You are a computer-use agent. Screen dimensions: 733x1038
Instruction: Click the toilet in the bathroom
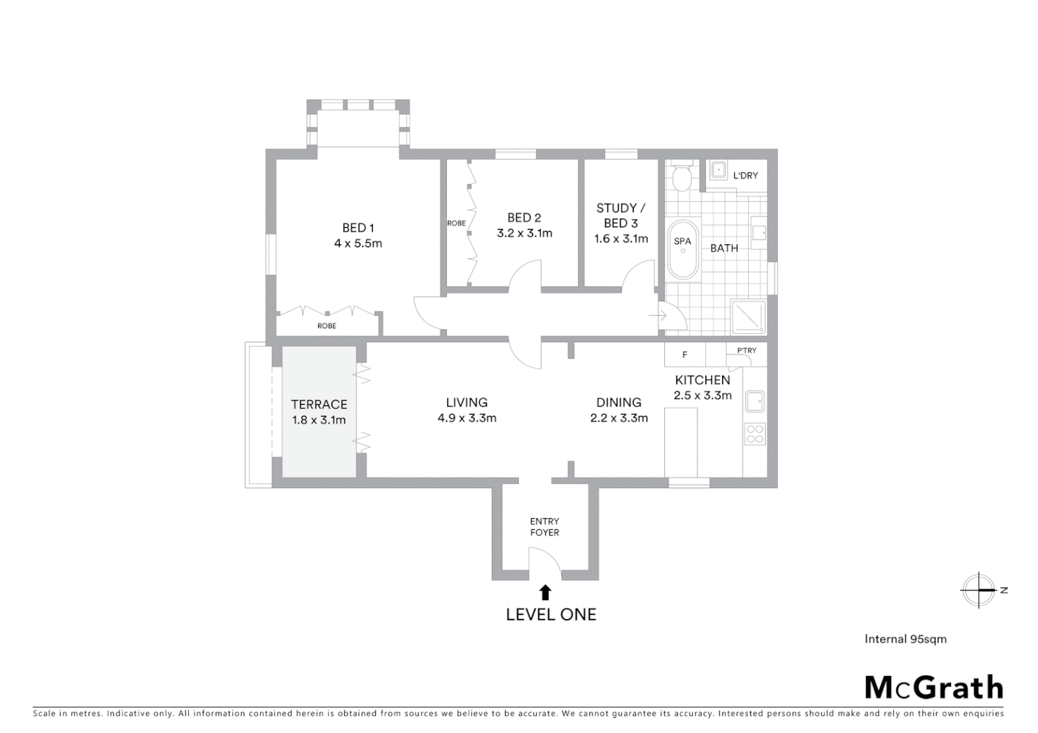pyautogui.click(x=681, y=178)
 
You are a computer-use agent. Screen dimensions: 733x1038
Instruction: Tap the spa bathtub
pyautogui.click(x=683, y=250)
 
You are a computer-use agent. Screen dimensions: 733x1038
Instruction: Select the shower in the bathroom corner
pyautogui.click(x=748, y=316)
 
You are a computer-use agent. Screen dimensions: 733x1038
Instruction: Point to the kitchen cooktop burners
pyautogui.click(x=755, y=434)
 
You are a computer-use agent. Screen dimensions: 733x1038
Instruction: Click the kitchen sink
pyautogui.click(x=755, y=401)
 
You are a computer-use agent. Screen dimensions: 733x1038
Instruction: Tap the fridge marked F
pyautogui.click(x=685, y=354)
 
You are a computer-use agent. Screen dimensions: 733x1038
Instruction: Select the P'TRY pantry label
pyautogui.click(x=746, y=350)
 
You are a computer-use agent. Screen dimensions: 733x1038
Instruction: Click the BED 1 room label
pyautogui.click(x=358, y=228)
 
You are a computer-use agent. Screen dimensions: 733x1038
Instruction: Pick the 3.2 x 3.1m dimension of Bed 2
pyautogui.click(x=524, y=233)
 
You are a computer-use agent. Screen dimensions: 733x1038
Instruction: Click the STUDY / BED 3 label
pyautogui.click(x=621, y=215)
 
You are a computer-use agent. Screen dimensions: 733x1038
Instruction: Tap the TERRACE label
pyautogui.click(x=319, y=405)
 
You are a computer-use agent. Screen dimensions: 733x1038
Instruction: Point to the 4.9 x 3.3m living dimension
pyautogui.click(x=467, y=418)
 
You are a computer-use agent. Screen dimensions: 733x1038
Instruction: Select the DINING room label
pyautogui.click(x=618, y=402)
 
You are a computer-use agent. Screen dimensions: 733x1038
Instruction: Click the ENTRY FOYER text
pyautogui.click(x=545, y=527)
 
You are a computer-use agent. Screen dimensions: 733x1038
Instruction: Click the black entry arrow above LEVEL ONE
pyautogui.click(x=545, y=593)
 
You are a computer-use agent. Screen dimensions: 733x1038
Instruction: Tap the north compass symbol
pyautogui.click(x=979, y=590)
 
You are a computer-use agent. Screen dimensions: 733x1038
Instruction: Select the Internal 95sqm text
pyautogui.click(x=905, y=639)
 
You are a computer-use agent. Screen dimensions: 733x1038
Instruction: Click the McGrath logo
pyautogui.click(x=933, y=688)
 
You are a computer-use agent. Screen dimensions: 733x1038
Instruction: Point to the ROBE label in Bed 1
pyautogui.click(x=327, y=326)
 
